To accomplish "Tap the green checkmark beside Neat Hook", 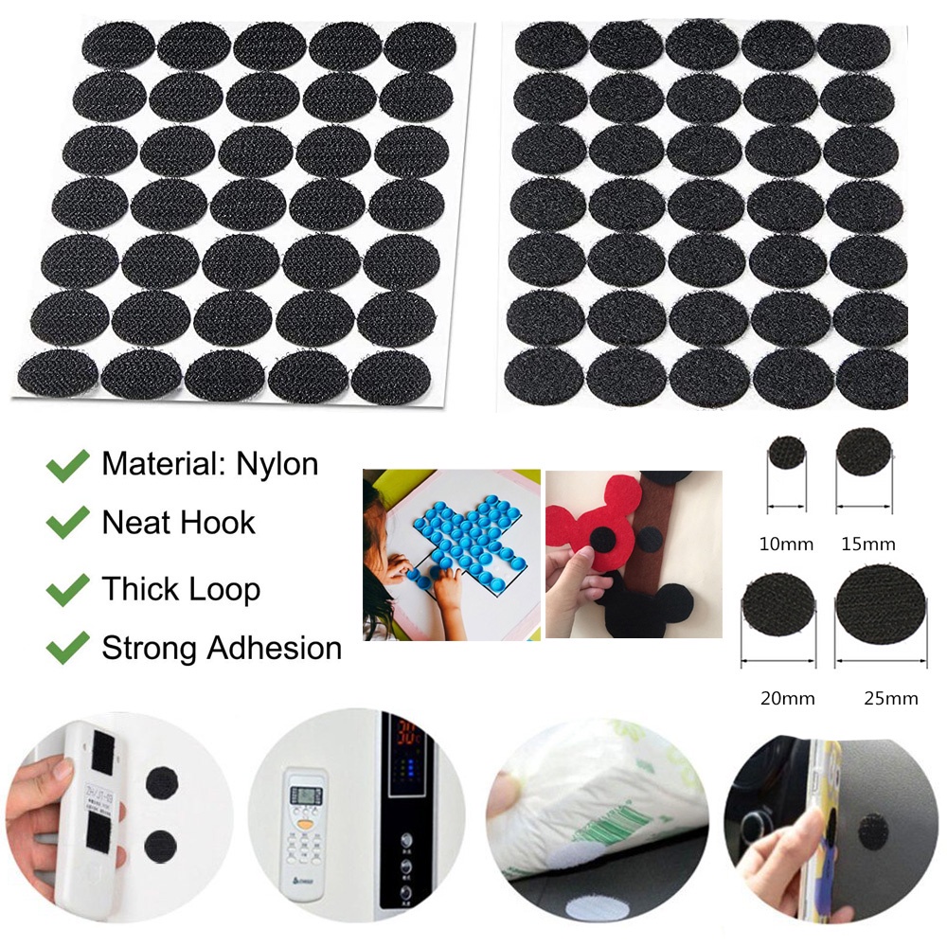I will tap(67, 523).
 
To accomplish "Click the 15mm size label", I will tap(867, 545).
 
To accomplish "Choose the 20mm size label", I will tap(787, 699).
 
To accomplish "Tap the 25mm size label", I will tap(890, 699).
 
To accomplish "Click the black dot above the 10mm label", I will tap(786, 453).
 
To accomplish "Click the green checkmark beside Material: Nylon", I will tap(67, 465).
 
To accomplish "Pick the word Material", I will tap(158, 464).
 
